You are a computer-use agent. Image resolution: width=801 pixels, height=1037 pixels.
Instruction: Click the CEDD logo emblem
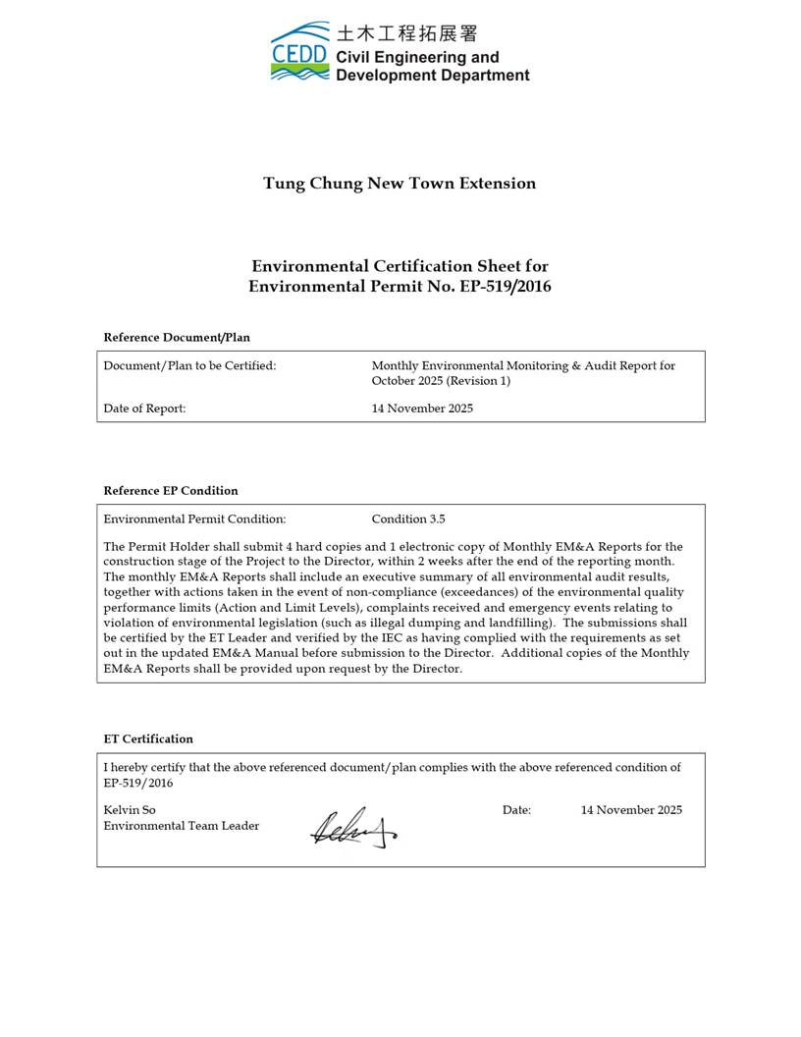click(x=300, y=52)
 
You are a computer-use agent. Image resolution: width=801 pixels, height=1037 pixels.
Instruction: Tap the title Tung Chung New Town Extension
click(x=400, y=184)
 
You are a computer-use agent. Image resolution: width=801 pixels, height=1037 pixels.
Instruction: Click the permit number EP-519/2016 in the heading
click(x=506, y=287)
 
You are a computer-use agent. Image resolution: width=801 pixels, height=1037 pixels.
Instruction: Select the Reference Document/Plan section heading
click(x=177, y=338)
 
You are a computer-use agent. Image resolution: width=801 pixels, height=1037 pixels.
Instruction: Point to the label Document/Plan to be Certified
click(x=189, y=365)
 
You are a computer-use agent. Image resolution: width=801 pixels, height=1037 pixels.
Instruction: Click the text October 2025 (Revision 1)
click(x=441, y=381)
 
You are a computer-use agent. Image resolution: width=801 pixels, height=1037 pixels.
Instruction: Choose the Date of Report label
click(x=144, y=409)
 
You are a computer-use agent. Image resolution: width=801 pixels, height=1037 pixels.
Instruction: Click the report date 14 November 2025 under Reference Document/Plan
click(x=422, y=409)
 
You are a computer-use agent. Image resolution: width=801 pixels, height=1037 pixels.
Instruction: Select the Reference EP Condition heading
click(x=171, y=491)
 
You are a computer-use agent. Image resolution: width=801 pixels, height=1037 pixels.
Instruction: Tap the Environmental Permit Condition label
click(x=194, y=518)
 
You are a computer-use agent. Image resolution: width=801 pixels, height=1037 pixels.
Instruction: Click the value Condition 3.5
click(x=408, y=518)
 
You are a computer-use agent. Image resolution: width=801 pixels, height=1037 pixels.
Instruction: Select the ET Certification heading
click(x=148, y=739)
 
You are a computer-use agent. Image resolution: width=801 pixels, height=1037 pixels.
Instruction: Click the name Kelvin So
click(x=130, y=810)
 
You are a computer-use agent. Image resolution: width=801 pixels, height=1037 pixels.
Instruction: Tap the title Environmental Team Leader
click(x=182, y=826)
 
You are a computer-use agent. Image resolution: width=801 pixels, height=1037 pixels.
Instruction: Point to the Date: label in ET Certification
click(x=516, y=810)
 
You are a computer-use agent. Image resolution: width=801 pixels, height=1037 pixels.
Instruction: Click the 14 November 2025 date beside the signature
click(x=631, y=810)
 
